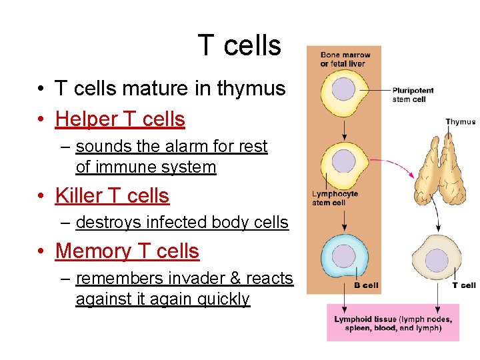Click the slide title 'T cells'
tap(239, 46)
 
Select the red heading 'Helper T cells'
tap(120, 119)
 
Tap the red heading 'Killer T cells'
tap(112, 195)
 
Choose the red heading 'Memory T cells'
tap(127, 251)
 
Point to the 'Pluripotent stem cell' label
tap(413, 95)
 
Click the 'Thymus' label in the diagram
tap(461, 121)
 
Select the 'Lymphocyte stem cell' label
tap(335, 198)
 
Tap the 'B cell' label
tap(367, 285)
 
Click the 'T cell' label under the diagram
tap(463, 285)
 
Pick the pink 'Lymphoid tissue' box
tap(393, 323)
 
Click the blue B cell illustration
tap(344, 255)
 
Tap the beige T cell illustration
tap(437, 259)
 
